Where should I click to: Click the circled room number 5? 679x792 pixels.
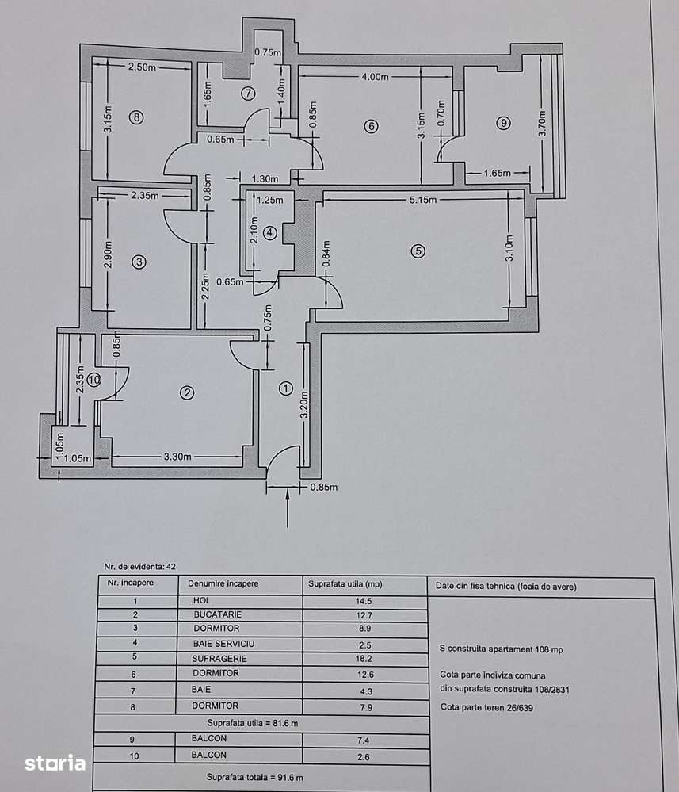(x=418, y=251)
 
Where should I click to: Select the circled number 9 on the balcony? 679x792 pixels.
(x=503, y=122)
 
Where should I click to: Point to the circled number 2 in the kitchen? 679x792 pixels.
(x=187, y=392)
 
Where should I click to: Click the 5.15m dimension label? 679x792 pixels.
(x=423, y=201)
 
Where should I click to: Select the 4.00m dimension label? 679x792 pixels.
(x=375, y=77)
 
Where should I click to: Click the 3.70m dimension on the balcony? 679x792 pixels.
(x=543, y=123)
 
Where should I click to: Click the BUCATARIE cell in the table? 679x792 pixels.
(x=216, y=614)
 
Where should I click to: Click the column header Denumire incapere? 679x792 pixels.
(x=223, y=583)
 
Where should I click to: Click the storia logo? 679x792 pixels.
(x=55, y=763)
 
